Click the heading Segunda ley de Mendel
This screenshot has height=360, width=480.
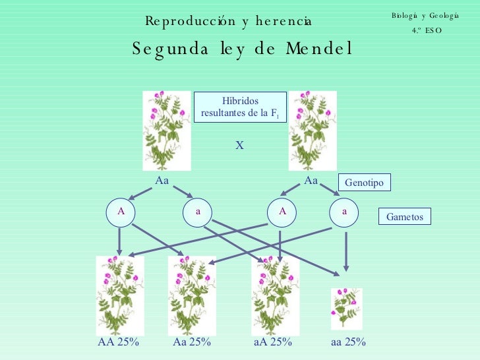[x=242, y=49]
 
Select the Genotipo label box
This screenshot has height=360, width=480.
[x=364, y=182]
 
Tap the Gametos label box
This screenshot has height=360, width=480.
[x=404, y=217]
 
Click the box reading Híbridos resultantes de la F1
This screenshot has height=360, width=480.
[x=240, y=107]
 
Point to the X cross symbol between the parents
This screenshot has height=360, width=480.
[x=240, y=144]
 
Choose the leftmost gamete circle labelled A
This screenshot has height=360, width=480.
[x=121, y=211]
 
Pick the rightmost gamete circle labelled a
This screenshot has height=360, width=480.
[x=344, y=211]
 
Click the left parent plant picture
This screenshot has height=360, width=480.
[x=167, y=131]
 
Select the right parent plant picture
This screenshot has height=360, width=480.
[x=313, y=131]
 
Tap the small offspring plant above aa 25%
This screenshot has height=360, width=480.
[x=346, y=309]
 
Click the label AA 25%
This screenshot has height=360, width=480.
[x=118, y=342]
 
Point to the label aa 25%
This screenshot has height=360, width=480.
[x=348, y=342]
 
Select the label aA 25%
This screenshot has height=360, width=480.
[x=273, y=342]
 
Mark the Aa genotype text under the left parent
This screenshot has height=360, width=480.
[x=162, y=179]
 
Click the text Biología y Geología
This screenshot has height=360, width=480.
[x=425, y=16]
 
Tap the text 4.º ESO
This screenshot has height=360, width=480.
[x=425, y=30]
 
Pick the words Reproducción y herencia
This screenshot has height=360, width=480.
[x=229, y=22]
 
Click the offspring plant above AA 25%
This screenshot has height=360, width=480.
[x=120, y=295]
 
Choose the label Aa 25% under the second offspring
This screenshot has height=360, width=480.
[x=192, y=342]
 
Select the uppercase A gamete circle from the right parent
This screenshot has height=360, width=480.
[x=282, y=211]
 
